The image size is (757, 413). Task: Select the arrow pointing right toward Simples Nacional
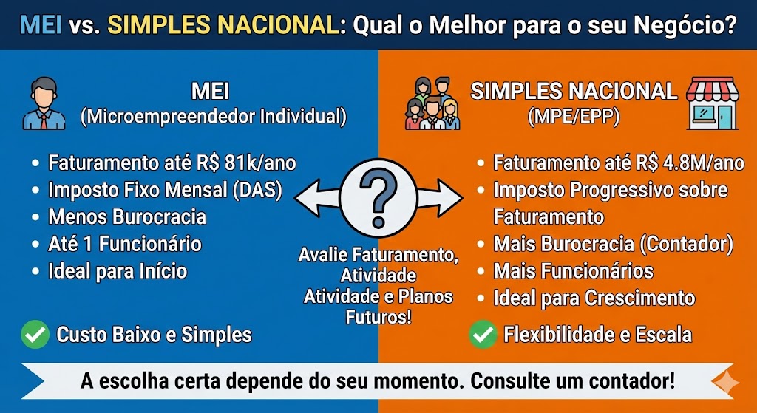point(440,197)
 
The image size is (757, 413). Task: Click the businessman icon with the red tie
point(44,103)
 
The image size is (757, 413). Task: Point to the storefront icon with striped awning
point(713,103)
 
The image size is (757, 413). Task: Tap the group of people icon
point(432,103)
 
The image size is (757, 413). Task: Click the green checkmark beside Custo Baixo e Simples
point(35,335)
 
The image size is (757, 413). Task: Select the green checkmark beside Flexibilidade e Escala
point(483,335)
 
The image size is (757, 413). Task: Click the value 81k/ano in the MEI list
point(260,163)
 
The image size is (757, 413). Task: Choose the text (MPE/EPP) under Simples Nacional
point(574,117)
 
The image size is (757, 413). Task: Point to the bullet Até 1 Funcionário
point(124,244)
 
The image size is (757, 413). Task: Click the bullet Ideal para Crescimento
point(594,298)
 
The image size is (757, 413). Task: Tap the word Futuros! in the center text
point(378,318)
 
